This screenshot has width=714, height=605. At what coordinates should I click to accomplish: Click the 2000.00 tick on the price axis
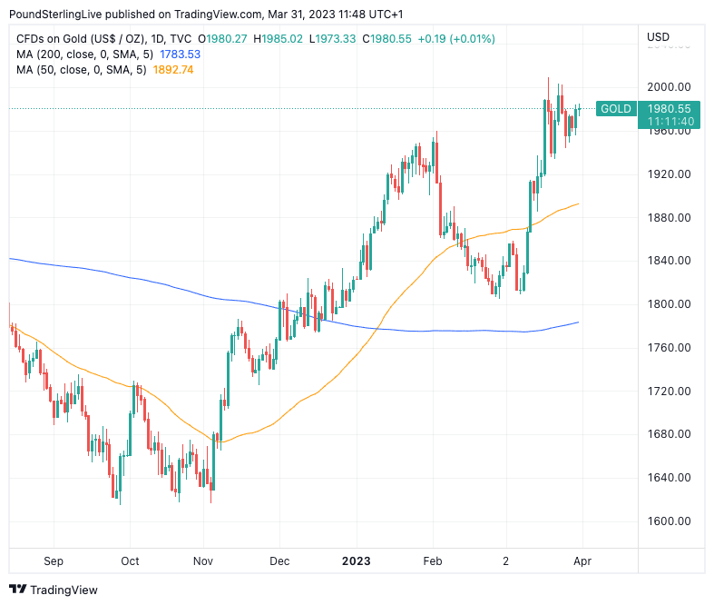(x=669, y=87)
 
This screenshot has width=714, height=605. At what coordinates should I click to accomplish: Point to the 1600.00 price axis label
(x=669, y=521)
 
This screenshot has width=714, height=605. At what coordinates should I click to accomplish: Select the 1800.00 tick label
(x=669, y=304)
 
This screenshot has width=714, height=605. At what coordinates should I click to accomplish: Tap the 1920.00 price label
(x=669, y=174)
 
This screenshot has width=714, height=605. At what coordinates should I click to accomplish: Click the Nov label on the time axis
(x=203, y=561)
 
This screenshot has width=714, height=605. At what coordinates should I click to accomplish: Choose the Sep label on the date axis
(x=53, y=561)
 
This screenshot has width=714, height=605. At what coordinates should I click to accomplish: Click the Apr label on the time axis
(x=582, y=561)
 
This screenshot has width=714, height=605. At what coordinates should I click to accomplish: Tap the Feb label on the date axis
(x=432, y=561)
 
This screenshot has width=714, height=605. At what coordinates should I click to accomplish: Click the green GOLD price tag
(x=616, y=109)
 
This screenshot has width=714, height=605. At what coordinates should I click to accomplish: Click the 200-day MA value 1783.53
(x=180, y=55)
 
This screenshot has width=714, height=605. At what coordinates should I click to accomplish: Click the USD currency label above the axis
(x=658, y=37)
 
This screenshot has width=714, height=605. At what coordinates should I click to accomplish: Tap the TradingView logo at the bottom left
(x=54, y=590)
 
